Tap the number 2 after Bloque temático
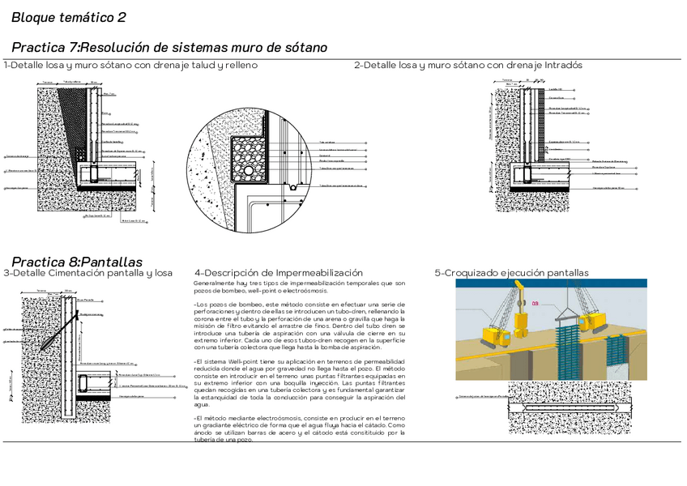tap(122, 17)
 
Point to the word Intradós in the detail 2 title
tap(563, 65)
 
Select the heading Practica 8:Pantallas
tap(77, 262)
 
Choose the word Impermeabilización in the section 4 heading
tap(319, 273)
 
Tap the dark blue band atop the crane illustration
tap(551, 283)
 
